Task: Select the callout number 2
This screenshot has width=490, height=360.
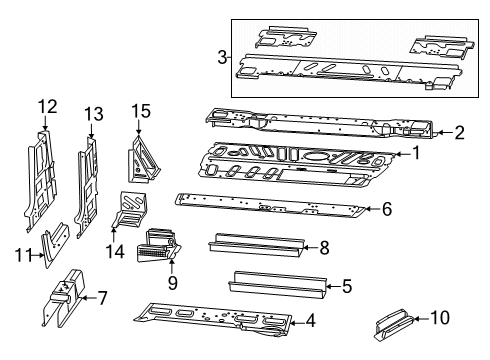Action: pos(459,131)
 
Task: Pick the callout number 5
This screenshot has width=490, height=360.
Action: pos(346,286)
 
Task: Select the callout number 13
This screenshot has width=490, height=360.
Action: pos(93,113)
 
